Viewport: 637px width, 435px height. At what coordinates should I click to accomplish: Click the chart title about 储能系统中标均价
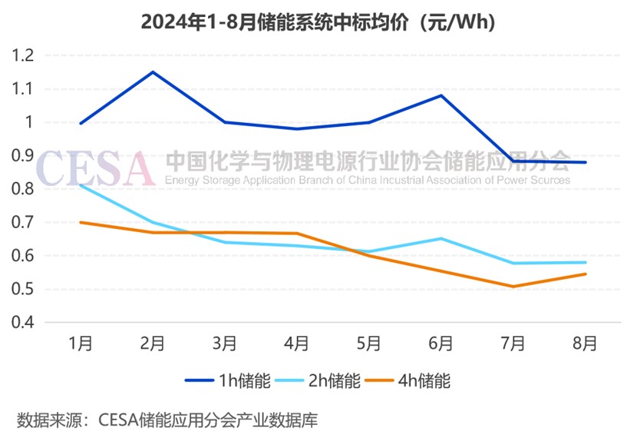pos(318,22)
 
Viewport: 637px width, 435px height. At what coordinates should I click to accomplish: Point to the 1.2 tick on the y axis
pos(23,55)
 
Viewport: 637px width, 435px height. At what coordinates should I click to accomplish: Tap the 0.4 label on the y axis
pos(23,322)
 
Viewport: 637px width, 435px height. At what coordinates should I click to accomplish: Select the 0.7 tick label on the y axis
pos(23,222)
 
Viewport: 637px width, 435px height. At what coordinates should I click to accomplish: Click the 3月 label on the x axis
pos(225,344)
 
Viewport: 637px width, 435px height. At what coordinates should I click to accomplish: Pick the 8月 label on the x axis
pos(585,344)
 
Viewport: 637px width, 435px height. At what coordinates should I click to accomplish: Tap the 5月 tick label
pos(369,344)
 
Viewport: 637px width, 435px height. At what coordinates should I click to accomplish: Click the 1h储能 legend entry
pos(228,381)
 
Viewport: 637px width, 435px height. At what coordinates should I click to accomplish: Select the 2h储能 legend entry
pos(318,381)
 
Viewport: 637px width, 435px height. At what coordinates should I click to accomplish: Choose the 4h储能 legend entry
pos(408,381)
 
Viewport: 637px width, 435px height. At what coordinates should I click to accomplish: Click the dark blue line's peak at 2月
pos(153,72)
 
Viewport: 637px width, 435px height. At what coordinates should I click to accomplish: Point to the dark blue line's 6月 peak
pos(441,95)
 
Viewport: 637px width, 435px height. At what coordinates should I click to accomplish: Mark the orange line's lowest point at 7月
pos(513,287)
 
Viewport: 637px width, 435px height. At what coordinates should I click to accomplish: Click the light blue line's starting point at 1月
pos(81,185)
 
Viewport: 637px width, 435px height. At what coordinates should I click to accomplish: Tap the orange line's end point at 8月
pos(586,274)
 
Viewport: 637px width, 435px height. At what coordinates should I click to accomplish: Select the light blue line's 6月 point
pos(441,238)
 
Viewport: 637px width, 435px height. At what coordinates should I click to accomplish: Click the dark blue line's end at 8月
pos(586,162)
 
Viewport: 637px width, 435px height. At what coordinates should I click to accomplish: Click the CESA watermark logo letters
pos(95,168)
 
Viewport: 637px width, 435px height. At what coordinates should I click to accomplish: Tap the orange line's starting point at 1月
pos(81,222)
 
